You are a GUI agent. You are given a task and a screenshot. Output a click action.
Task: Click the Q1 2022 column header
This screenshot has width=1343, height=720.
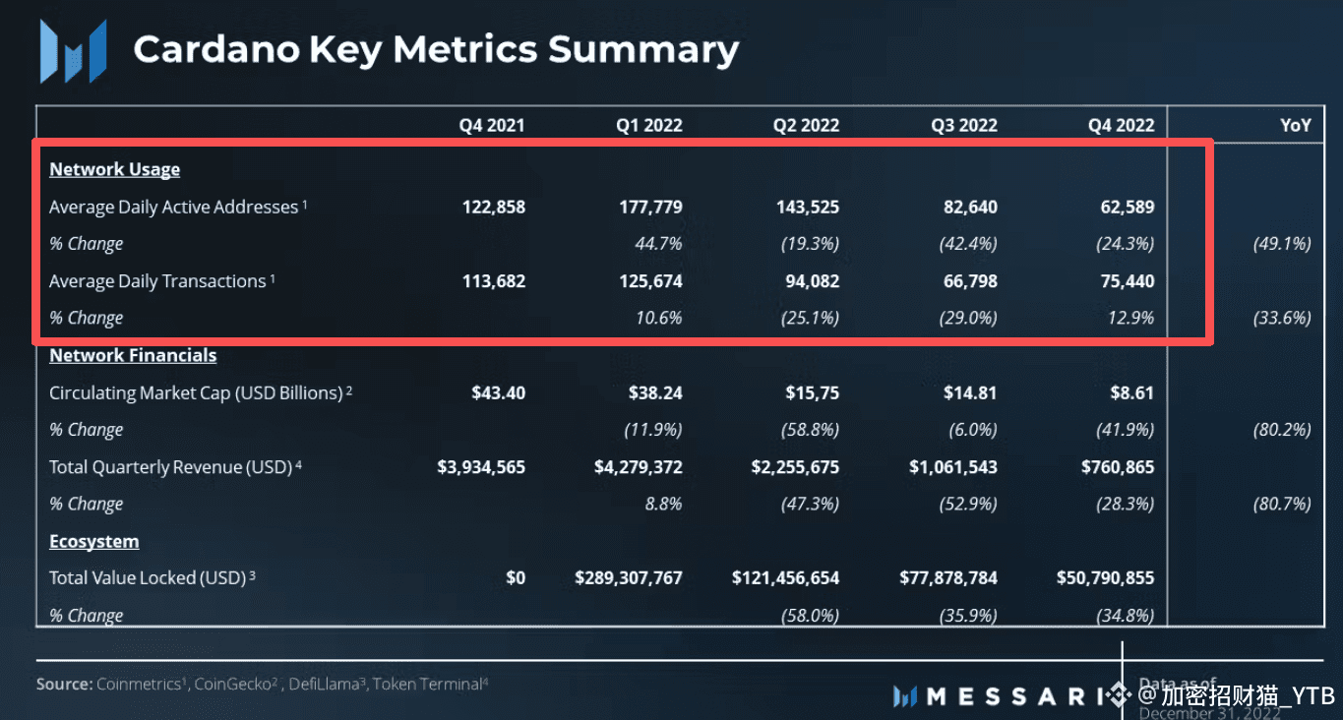tap(648, 125)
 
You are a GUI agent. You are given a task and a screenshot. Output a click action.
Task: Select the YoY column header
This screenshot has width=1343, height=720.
tap(1295, 125)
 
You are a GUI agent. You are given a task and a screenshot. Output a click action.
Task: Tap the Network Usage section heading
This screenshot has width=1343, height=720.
tap(114, 169)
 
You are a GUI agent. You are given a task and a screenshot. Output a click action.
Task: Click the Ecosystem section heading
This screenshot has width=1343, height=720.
tap(93, 541)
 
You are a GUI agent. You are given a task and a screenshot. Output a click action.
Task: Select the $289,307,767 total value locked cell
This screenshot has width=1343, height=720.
tap(629, 577)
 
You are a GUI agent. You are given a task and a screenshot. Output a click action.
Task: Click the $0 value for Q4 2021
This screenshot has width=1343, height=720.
tap(515, 577)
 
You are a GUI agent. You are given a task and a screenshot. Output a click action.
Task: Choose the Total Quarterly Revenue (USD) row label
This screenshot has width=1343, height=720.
tap(170, 467)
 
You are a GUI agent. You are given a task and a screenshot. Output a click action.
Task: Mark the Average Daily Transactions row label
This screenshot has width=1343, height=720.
tap(157, 281)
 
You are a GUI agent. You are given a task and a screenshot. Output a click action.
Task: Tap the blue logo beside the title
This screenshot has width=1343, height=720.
tap(72, 51)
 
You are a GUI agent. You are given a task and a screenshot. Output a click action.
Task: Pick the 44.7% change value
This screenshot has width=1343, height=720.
tap(658, 244)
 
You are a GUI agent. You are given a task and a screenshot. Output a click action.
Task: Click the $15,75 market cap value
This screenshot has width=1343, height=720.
tap(812, 392)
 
